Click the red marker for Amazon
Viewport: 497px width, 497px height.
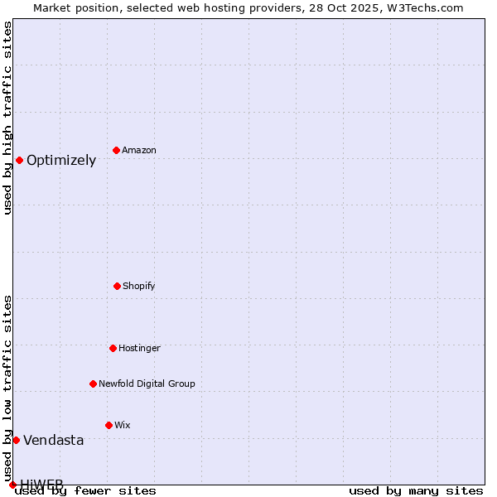pos(116,150)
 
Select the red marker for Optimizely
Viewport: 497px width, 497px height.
pos(19,160)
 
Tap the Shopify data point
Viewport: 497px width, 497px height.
pos(117,286)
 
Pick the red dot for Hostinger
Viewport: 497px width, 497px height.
pos(113,348)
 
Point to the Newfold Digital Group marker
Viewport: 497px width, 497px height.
pos(93,384)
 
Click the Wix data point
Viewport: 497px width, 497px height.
pos(109,425)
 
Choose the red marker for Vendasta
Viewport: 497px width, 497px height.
pos(16,440)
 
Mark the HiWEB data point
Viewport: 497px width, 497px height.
pos(12,485)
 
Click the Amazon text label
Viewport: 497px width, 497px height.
pos(139,150)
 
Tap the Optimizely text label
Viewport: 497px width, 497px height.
pos(61,161)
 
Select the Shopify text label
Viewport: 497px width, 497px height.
pos(139,286)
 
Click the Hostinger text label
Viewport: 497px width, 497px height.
pos(139,348)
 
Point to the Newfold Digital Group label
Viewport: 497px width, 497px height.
pos(147,384)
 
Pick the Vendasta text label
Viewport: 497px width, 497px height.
pos(54,441)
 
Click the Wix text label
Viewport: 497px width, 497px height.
pos(123,425)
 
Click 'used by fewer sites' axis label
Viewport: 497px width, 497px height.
pos(85,490)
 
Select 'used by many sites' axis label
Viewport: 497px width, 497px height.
pos(416,490)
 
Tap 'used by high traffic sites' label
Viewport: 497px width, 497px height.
pos(7,118)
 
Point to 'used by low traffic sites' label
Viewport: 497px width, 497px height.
pos(7,388)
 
